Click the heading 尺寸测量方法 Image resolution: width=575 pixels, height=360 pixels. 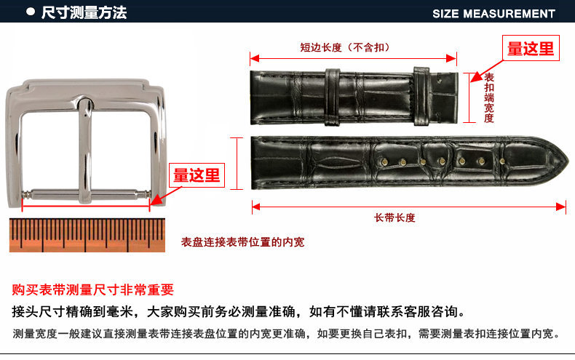click(84, 13)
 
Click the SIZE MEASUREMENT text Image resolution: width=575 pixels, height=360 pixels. click(493, 14)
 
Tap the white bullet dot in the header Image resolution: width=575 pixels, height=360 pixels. click(31, 12)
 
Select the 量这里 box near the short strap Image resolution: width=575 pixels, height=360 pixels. click(531, 48)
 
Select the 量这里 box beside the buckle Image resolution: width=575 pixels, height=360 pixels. click(197, 175)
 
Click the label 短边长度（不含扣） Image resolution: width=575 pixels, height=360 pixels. click(345, 47)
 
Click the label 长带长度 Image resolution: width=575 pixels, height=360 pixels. click(394, 217)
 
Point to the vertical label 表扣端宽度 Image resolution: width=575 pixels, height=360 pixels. click(489, 97)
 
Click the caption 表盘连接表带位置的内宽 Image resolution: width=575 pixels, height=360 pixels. click(243, 242)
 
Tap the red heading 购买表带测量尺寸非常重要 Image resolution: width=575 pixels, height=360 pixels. click(92, 289)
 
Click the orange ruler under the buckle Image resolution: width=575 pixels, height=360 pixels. click(87, 235)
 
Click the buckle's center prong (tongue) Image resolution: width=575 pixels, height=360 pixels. click(85, 151)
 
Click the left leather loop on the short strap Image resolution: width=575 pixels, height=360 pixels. click(332, 97)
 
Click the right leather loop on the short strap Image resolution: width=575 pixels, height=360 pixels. click(421, 97)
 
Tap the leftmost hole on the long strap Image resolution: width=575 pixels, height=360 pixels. click(384, 161)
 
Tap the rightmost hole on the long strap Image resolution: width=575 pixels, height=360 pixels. click(502, 161)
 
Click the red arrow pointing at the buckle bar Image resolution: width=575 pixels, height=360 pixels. click(166, 196)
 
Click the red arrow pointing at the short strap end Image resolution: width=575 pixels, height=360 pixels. click(487, 71)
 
